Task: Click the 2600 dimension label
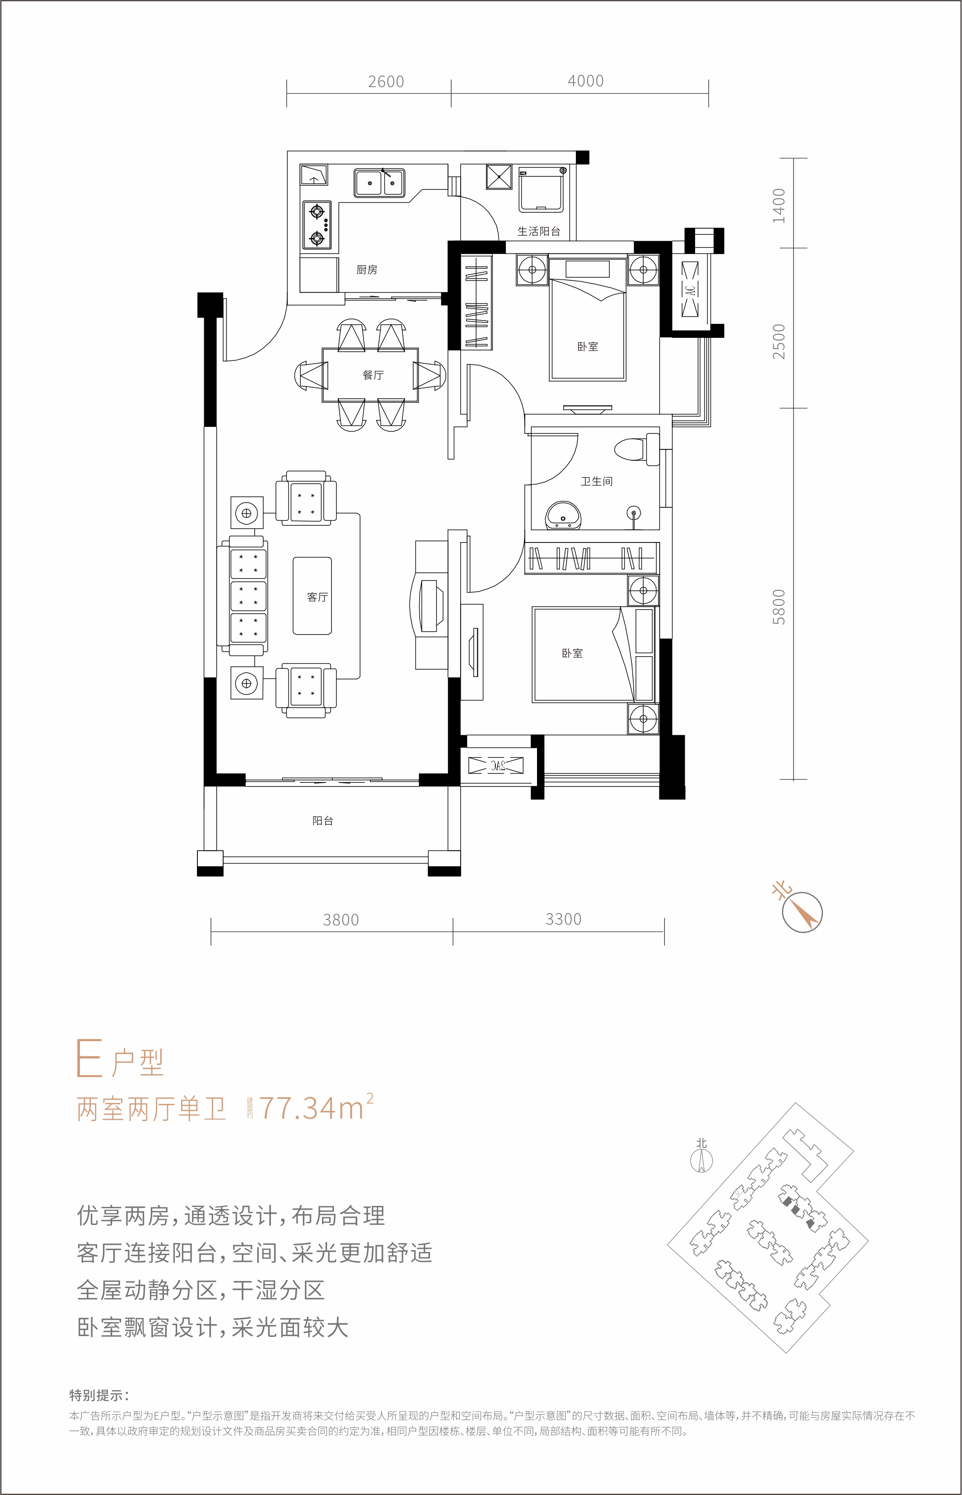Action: click(x=386, y=82)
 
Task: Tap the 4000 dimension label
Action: click(x=585, y=81)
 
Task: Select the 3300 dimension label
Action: click(x=564, y=919)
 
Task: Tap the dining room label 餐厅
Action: click(x=373, y=375)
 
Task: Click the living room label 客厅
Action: click(x=318, y=597)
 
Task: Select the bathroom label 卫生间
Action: click(x=597, y=481)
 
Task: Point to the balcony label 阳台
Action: click(x=323, y=821)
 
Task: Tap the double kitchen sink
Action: click(x=379, y=182)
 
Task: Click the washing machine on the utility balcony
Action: click(x=542, y=189)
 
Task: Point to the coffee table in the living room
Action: click(x=313, y=596)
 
